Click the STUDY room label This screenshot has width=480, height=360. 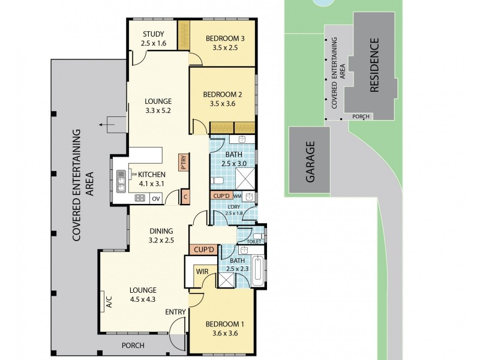[153, 34]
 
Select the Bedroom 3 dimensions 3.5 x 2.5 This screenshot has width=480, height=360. [224, 49]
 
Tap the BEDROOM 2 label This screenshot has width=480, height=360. [222, 94]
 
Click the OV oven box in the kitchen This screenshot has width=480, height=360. [155, 198]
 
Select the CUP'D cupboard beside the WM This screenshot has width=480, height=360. [221, 196]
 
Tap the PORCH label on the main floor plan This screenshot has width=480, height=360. [133, 345]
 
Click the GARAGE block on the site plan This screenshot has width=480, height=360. [310, 162]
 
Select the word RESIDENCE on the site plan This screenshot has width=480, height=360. [374, 65]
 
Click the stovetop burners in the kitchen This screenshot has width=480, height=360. [140, 198]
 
